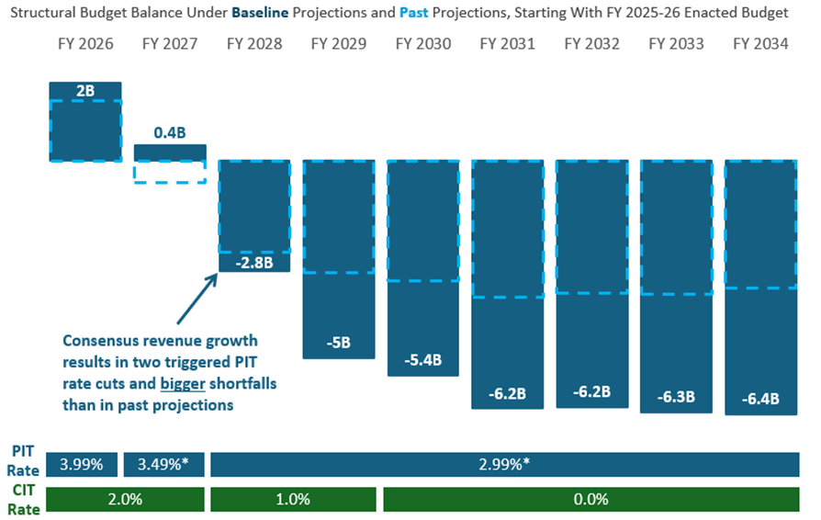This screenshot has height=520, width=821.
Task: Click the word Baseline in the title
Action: (x=262, y=14)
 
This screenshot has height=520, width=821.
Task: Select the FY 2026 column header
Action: (x=84, y=43)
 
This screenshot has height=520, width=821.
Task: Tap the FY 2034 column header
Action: (x=761, y=43)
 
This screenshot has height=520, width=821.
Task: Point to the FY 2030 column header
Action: (x=423, y=43)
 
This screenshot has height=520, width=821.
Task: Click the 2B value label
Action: (x=84, y=91)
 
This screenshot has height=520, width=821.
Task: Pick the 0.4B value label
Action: (x=170, y=133)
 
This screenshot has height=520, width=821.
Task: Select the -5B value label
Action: (x=339, y=344)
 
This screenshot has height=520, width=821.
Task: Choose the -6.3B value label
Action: (x=677, y=397)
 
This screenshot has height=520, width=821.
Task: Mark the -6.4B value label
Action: (x=761, y=399)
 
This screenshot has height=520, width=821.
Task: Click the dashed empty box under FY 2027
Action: (x=170, y=172)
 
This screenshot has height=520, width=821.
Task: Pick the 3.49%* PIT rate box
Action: (x=163, y=465)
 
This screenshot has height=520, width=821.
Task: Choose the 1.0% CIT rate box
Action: (x=293, y=499)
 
